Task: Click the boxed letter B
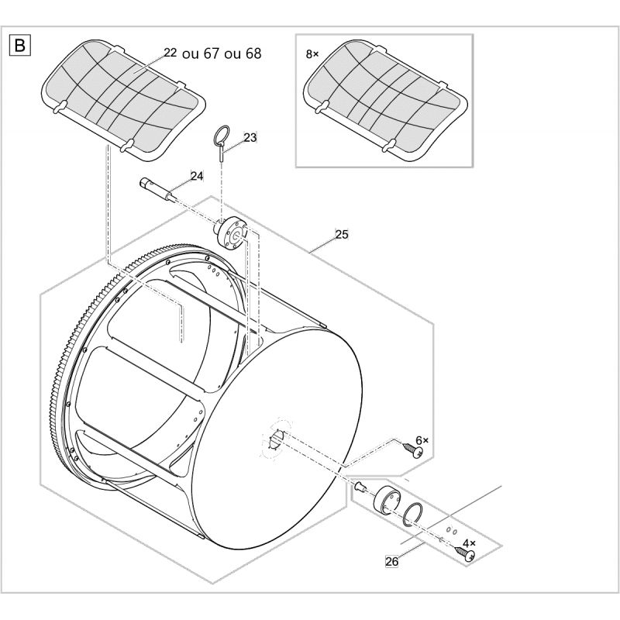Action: point(19,46)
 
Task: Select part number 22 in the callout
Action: point(170,53)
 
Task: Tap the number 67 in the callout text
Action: point(211,53)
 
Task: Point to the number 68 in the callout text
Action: point(253,53)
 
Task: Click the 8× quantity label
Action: point(312,54)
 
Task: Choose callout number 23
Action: point(250,138)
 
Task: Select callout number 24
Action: point(197,176)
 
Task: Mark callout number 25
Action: point(342,235)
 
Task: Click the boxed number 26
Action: point(391,561)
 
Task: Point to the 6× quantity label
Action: point(422,440)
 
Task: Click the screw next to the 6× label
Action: point(413,450)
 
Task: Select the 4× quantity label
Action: point(469,543)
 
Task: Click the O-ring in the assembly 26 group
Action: point(413,515)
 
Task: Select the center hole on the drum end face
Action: point(276,439)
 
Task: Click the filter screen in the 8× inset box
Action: point(385,101)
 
